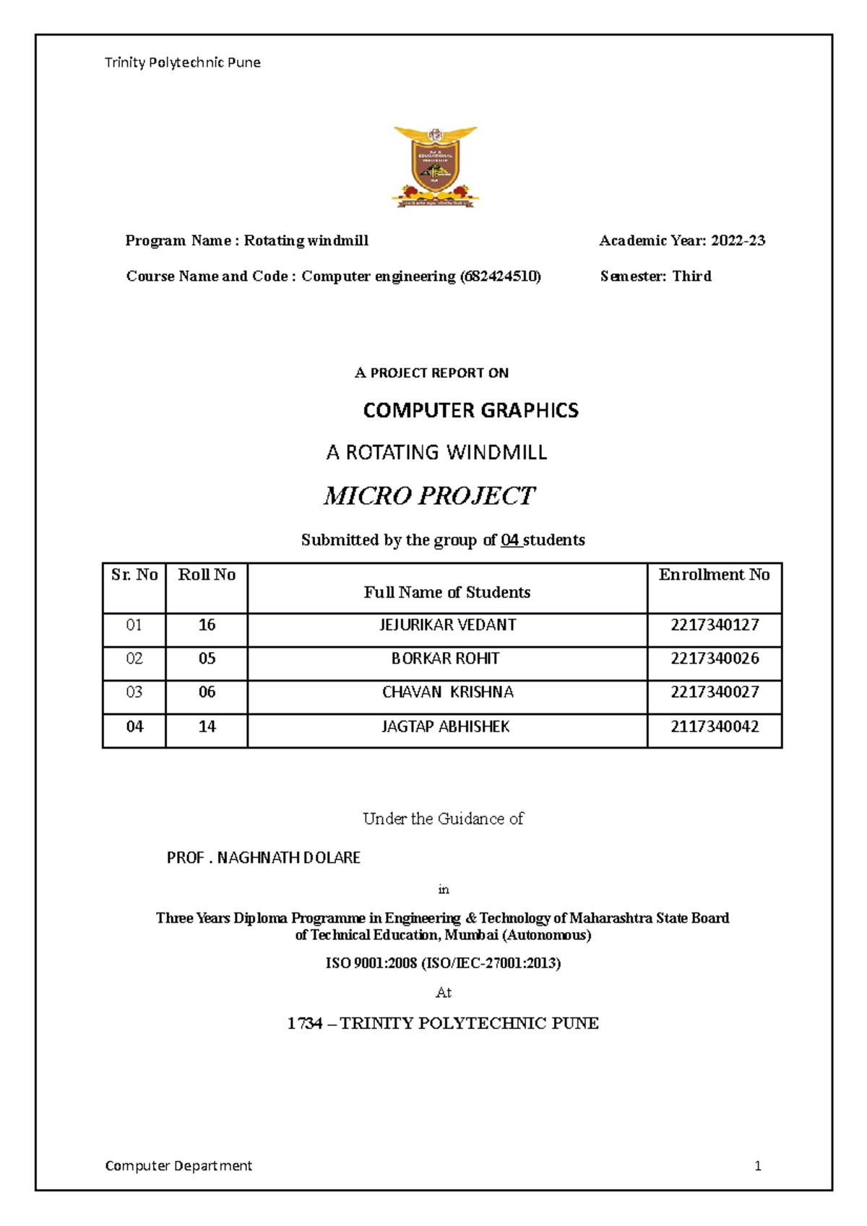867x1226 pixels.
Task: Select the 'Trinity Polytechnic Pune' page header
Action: [183, 63]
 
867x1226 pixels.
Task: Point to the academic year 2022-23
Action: [738, 241]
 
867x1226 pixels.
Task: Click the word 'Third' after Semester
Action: [691, 277]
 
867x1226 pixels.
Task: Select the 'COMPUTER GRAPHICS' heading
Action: [470, 411]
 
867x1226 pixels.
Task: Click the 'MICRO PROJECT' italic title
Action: [429, 496]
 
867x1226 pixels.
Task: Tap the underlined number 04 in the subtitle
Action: [510, 540]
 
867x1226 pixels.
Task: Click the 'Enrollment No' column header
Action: [714, 575]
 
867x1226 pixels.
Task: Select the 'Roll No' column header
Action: [207, 575]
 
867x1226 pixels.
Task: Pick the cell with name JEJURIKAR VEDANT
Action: [447, 625]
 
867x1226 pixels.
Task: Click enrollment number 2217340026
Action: [715, 658]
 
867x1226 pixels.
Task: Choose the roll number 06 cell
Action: [207, 692]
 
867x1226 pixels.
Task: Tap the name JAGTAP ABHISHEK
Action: [446, 726]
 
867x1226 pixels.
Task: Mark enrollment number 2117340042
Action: [715, 726]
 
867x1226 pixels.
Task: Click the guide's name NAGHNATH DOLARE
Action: [288, 858]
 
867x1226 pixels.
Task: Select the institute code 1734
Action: [304, 1024]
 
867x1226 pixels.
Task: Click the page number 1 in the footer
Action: [758, 1166]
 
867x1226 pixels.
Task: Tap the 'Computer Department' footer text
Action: [178, 1166]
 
